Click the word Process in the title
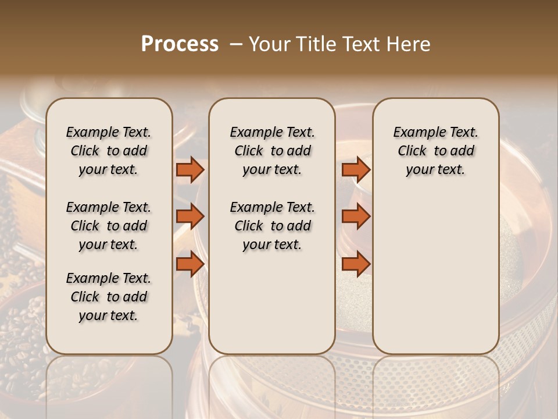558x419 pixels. point(180,44)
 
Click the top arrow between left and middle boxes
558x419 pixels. point(190,169)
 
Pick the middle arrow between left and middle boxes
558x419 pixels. point(190,216)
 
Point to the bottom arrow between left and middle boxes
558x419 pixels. point(190,264)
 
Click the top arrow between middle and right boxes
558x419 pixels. point(356,169)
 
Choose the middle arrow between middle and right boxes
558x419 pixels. point(356,216)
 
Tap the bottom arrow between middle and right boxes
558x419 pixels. point(356,264)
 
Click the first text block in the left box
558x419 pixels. point(109,151)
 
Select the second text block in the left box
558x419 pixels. point(109,226)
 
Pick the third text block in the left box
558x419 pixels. point(109,297)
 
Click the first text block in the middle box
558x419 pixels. point(272,151)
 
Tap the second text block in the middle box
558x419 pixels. point(272,226)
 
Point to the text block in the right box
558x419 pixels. point(435,151)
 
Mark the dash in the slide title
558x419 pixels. point(236,44)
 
